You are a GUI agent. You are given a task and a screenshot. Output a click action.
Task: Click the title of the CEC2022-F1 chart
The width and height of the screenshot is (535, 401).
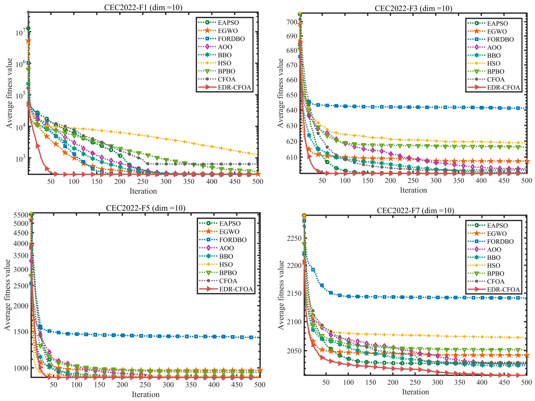143,7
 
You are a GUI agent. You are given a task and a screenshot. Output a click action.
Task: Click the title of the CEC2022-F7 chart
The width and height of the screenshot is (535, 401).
415,210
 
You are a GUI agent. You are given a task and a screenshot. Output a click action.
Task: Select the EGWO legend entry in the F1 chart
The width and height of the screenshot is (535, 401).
218,31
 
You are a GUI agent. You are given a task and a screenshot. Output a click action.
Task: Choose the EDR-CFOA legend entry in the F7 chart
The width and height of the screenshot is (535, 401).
494,290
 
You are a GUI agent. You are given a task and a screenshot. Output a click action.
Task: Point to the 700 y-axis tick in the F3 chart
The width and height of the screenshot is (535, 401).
292,22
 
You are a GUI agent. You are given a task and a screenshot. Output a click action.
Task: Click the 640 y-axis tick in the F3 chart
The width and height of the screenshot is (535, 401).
292,110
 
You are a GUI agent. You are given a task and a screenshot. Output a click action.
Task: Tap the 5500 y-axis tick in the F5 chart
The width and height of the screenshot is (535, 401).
21,215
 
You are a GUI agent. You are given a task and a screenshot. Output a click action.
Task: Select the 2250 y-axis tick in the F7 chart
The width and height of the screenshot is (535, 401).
294,238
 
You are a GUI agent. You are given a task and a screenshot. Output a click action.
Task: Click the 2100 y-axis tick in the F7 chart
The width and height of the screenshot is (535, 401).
294,322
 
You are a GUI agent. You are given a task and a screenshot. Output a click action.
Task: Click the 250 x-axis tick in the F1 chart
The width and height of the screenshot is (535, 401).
143,182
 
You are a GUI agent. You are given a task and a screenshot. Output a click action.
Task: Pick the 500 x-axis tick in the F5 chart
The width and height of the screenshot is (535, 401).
260,385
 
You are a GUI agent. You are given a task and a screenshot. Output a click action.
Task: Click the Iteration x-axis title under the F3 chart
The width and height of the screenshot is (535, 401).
413,190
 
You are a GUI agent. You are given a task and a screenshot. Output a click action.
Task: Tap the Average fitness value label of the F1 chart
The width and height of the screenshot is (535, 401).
9,93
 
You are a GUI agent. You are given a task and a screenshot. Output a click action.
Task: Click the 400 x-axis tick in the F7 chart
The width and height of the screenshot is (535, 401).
482,382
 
